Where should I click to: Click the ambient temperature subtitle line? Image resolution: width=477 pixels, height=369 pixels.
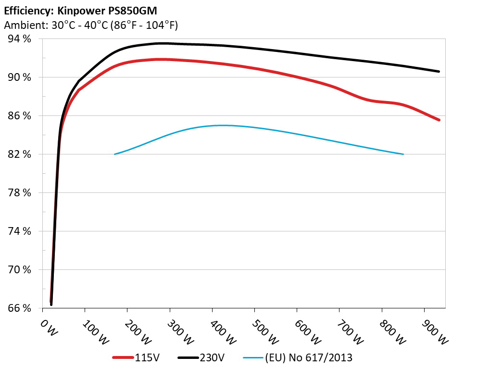[x=91, y=25]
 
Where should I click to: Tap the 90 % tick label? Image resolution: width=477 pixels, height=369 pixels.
[x=20, y=77]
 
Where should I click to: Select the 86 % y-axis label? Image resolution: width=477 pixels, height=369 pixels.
[x=20, y=116]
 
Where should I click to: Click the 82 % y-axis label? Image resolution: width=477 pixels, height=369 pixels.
[x=20, y=154]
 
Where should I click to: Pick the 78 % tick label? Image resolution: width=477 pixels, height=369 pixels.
[x=20, y=193]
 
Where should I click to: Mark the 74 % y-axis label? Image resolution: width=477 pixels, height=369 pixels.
[x=20, y=231]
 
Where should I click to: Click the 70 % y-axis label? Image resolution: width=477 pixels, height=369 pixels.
[x=20, y=270]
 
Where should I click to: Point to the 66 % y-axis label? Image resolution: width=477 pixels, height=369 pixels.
[x=20, y=308]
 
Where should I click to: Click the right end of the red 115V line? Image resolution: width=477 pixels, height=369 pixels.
[x=439, y=120]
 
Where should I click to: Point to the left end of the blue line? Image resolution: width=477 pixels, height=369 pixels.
[x=114, y=154]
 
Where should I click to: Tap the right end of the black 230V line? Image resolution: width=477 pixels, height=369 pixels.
[x=439, y=72]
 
